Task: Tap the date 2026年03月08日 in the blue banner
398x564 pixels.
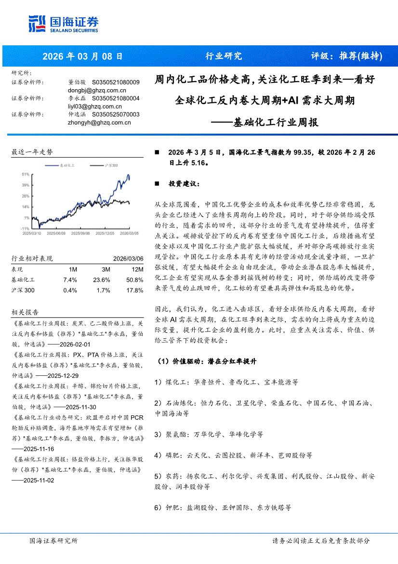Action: (82, 56)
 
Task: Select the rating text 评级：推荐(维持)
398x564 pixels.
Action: (346, 56)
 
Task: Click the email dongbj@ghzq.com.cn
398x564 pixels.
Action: (97, 90)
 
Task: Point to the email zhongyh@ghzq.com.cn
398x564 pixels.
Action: (99, 123)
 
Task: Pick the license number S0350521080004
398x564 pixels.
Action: (115, 98)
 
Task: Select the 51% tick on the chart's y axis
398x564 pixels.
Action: (26, 174)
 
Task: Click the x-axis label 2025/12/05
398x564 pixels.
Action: (105, 233)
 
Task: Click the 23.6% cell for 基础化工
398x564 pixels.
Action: (102, 280)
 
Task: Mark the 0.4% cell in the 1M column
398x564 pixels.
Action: (70, 290)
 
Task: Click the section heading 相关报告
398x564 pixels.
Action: (25, 313)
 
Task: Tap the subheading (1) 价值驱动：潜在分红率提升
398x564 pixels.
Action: (208, 361)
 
